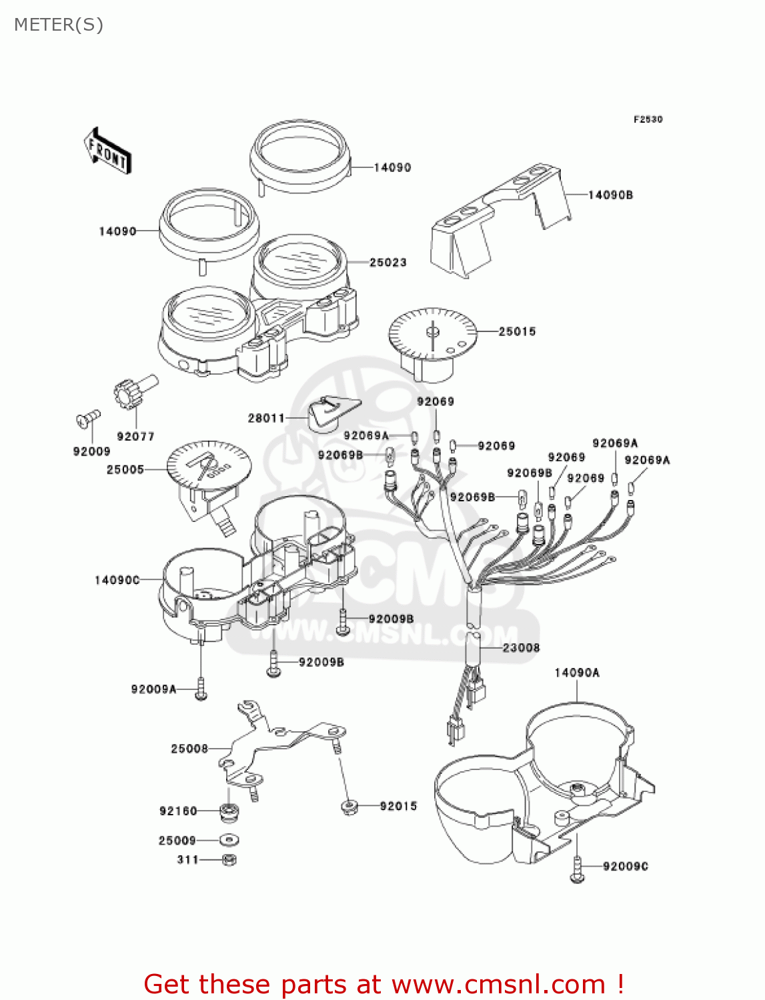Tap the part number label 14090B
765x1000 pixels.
(x=610, y=195)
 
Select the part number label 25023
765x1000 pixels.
(x=388, y=263)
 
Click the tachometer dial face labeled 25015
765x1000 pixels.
(x=432, y=332)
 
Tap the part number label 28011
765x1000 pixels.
(x=267, y=418)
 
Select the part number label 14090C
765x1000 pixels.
(x=117, y=580)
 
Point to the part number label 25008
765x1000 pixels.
(x=189, y=749)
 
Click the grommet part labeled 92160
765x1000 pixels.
(x=229, y=812)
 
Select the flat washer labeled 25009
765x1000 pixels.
(x=229, y=841)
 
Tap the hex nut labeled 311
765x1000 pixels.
(x=229, y=860)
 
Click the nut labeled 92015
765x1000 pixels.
(x=349, y=808)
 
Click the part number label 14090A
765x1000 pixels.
(x=577, y=673)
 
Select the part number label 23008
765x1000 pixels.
(x=521, y=647)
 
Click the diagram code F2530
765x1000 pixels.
(x=648, y=119)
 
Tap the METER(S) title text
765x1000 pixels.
(x=59, y=25)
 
